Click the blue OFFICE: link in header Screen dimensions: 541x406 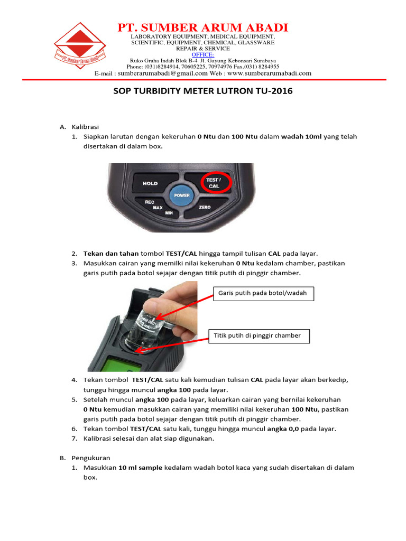click(x=202, y=54)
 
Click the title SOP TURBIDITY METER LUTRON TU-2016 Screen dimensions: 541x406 click(x=203, y=91)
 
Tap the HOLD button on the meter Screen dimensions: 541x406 click(x=150, y=184)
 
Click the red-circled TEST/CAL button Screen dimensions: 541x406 click(x=214, y=183)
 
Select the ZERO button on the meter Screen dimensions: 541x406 click(x=205, y=208)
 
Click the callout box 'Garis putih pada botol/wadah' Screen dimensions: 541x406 click(x=263, y=293)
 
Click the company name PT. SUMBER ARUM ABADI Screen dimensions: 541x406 click(x=202, y=27)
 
